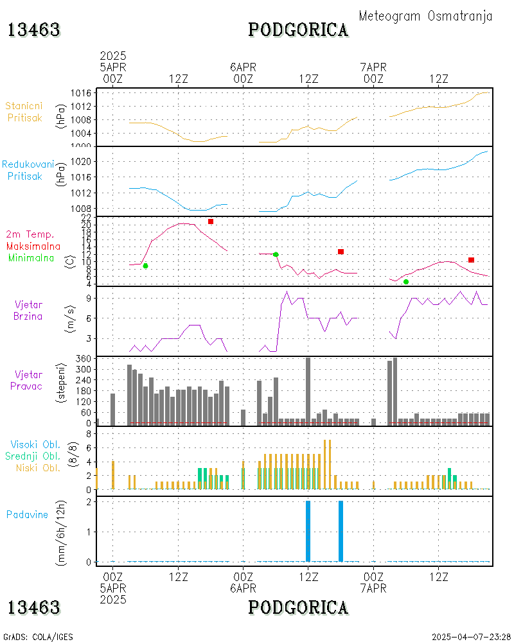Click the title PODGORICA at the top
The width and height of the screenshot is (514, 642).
pos(298,30)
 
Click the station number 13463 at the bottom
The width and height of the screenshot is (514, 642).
pos(33,607)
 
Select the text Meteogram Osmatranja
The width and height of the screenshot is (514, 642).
pos(425,16)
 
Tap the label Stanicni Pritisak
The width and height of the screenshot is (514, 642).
pos(25,112)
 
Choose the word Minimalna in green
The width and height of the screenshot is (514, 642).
pos(32,257)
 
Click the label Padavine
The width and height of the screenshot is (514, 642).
pos(27,514)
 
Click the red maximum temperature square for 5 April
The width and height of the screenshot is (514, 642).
pos(210,221)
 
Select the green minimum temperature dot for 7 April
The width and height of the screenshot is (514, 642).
pos(406,282)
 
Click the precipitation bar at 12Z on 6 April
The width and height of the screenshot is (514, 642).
pos(308,531)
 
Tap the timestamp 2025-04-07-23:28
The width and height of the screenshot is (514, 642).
pos(471,637)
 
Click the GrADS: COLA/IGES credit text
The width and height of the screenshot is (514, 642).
pos(38,637)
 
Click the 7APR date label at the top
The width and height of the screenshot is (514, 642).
pos(373,67)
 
